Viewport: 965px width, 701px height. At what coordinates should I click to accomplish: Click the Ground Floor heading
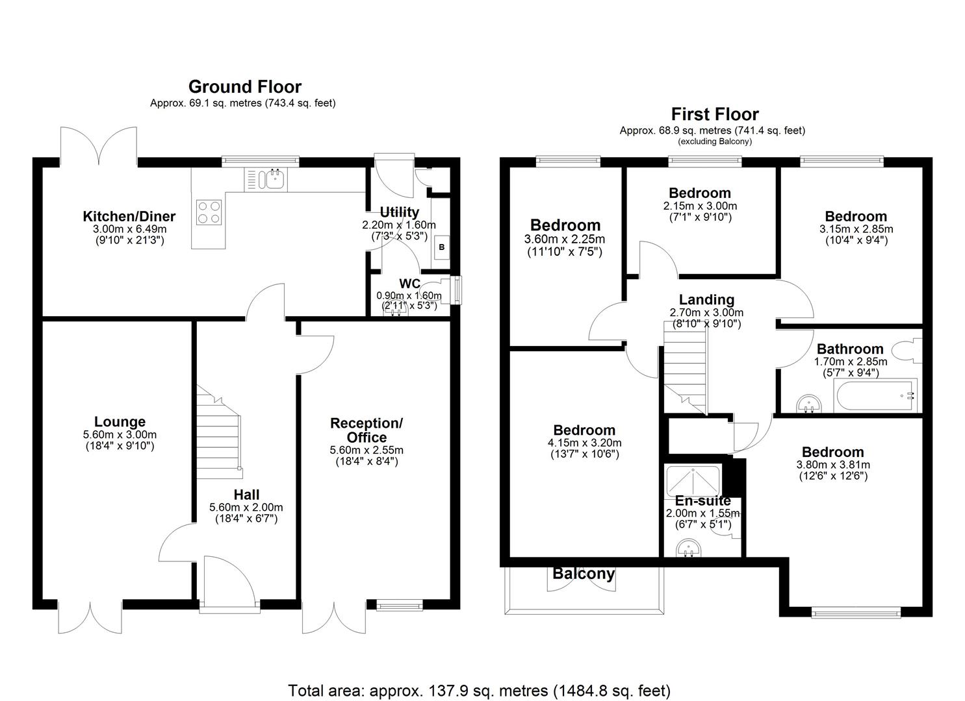pos(244,87)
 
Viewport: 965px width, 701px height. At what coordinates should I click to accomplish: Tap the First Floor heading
pos(715,114)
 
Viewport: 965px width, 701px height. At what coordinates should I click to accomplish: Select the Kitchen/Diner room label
pos(129,216)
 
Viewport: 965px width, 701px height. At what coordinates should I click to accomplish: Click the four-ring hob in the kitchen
pos(208,212)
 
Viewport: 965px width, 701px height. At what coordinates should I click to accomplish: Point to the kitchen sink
pos(273,178)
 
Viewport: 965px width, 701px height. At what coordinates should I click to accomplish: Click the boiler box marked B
pos(442,247)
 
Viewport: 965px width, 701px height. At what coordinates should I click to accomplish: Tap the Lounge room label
pos(120,422)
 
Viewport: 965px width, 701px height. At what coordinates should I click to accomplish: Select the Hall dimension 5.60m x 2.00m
pos(246,508)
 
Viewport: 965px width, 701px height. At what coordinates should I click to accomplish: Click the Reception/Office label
pos(367,430)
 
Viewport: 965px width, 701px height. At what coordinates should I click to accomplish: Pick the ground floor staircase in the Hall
pos(218,441)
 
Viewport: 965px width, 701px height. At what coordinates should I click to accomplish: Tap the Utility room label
pos(399,212)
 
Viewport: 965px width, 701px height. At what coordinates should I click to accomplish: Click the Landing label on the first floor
pos(706,299)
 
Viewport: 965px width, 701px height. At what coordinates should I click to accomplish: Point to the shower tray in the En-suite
pos(693,481)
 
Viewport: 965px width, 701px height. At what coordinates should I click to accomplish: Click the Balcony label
pos(583,574)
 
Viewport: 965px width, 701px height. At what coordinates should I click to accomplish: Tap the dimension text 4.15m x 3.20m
pos(584,443)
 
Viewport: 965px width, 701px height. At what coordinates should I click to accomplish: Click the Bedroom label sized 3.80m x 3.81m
pos(832,452)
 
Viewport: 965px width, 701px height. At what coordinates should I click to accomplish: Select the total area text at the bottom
pos(479,690)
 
